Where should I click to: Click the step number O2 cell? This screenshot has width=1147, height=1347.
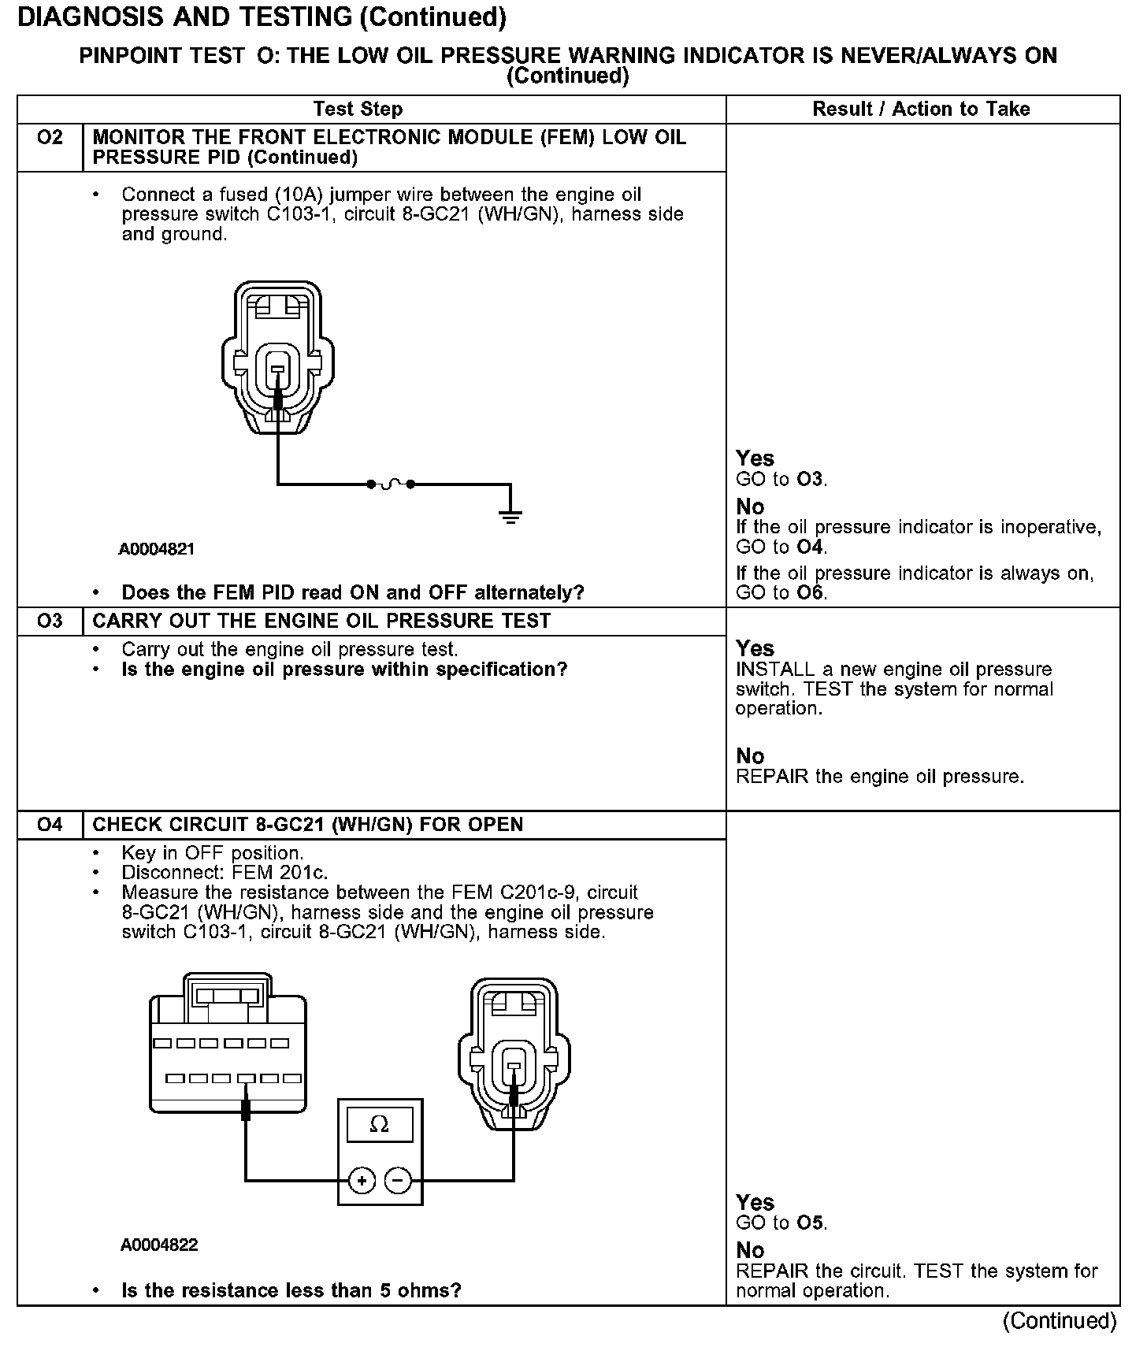coord(50,139)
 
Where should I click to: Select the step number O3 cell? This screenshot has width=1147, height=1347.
coord(50,622)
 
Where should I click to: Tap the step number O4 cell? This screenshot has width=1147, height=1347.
coord(50,825)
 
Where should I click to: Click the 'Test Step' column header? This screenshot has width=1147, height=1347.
coord(358,109)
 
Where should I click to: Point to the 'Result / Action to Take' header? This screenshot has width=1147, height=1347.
coord(921,109)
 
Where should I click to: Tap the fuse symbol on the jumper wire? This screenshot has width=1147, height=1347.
coord(391,484)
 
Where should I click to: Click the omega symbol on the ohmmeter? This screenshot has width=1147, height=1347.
coord(380,1124)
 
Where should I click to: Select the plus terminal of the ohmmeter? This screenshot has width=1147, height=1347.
coord(362,1180)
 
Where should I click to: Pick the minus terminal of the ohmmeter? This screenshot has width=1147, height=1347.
coord(399,1180)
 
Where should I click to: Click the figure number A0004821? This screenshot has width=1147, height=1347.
coord(156,549)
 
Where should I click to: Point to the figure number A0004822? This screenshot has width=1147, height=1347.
coord(159,1245)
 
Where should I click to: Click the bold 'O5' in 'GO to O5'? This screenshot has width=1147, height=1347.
coord(810,1223)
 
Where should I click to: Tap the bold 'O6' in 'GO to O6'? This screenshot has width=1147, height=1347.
coord(810,593)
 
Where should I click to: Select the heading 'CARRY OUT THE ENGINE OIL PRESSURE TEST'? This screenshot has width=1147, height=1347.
coord(321,622)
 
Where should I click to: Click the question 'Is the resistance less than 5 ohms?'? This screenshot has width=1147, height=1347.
coord(291,1291)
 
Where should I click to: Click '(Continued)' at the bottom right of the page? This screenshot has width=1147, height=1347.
coord(1060,1321)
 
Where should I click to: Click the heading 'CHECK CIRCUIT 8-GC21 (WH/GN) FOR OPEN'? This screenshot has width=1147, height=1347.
coord(308,825)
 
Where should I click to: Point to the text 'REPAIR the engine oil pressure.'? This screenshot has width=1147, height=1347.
coord(879,777)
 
